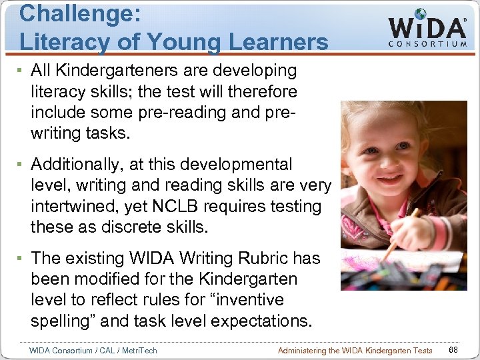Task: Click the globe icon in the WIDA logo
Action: (x=420, y=14)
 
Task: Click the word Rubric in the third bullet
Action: (x=263, y=258)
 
